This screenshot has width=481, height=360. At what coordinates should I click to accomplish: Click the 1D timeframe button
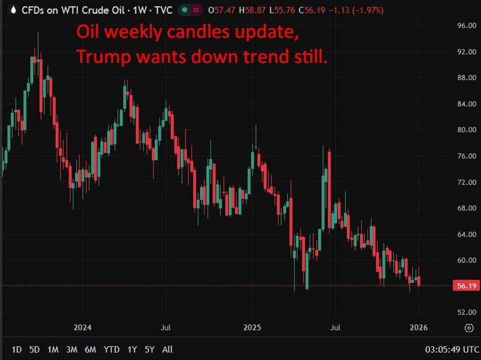click(16, 350)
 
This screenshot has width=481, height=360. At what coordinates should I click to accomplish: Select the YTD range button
click(111, 350)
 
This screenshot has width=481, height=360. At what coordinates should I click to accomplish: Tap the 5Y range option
click(150, 350)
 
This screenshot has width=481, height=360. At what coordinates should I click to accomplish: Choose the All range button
click(168, 350)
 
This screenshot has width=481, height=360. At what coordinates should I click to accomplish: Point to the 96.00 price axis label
click(466, 26)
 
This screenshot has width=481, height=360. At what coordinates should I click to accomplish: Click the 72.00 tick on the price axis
click(466, 182)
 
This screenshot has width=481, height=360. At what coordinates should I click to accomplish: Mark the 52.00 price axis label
click(466, 312)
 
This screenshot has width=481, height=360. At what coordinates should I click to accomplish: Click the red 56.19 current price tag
click(466, 286)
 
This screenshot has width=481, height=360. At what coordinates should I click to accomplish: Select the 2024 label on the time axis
click(82, 327)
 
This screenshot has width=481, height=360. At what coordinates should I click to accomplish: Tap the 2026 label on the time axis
click(419, 327)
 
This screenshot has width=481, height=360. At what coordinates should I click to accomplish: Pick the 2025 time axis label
click(252, 327)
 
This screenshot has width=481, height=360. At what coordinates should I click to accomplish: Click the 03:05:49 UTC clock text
click(451, 350)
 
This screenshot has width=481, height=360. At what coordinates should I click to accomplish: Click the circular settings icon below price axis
click(469, 328)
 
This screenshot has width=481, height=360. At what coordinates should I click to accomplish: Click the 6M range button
click(90, 350)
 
